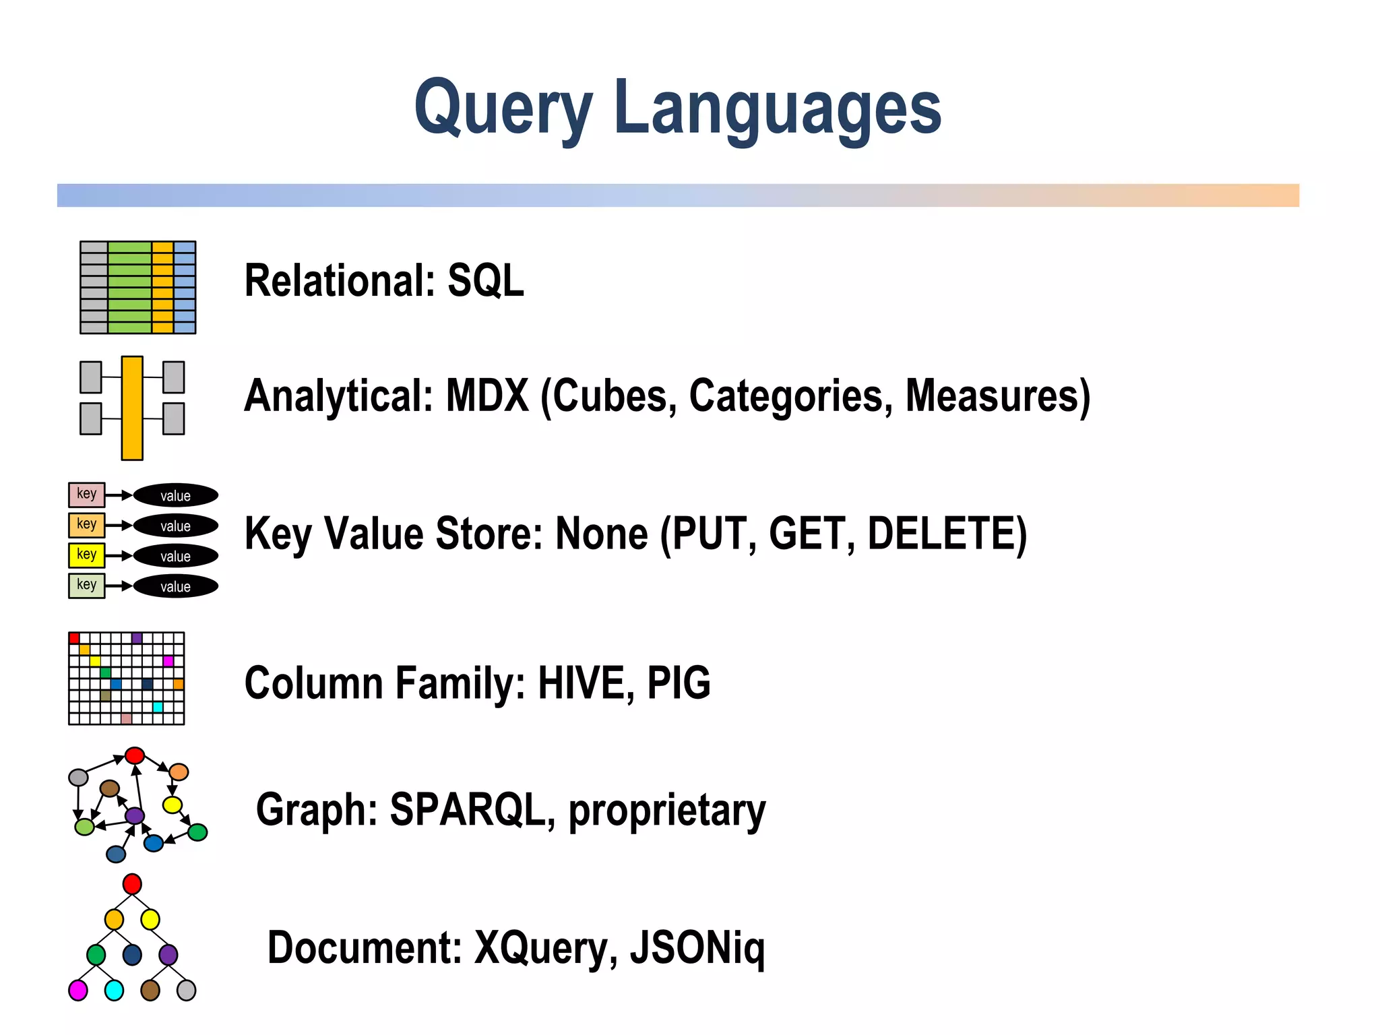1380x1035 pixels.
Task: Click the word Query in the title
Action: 503,108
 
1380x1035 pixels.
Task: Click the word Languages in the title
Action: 777,108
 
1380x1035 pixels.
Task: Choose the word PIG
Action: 679,683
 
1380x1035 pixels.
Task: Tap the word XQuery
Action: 545,948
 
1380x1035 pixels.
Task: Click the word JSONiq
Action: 697,948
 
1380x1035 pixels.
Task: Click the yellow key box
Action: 86,555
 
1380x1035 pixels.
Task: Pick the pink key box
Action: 86,495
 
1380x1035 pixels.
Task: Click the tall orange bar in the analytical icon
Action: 132,408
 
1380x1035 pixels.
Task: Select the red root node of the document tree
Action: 132,884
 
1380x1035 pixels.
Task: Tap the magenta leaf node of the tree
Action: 78,991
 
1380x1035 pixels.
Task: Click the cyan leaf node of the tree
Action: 115,991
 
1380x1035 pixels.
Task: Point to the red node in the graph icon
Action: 135,755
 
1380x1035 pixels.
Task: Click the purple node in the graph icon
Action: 135,815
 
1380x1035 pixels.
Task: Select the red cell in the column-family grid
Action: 74,638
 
